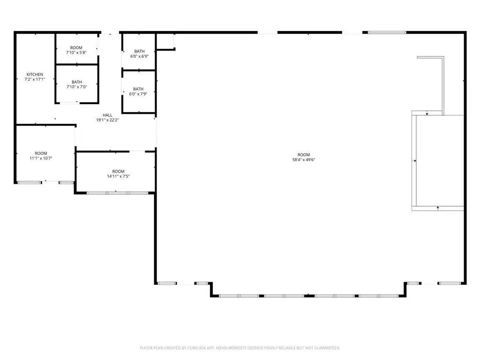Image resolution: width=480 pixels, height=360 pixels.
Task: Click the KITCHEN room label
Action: coord(35,75)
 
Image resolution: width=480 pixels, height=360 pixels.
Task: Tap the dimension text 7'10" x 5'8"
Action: coord(76,52)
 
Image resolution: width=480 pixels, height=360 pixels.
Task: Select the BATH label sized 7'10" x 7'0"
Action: coord(77,82)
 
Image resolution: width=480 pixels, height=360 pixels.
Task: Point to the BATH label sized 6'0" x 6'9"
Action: coord(139,52)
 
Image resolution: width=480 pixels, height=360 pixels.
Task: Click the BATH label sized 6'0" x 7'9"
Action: coord(138,89)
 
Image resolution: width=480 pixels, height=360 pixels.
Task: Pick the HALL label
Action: coord(107,115)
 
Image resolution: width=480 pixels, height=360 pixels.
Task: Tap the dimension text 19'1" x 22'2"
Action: coord(107,120)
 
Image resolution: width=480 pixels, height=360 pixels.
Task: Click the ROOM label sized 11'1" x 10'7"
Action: coord(41,153)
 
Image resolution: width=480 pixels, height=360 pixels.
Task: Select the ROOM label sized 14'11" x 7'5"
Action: coord(118,172)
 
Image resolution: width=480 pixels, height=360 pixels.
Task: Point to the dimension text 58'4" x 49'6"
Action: coord(304,159)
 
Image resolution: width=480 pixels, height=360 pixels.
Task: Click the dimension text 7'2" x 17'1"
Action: coord(35,79)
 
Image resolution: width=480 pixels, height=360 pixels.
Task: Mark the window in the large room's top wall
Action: coord(387,32)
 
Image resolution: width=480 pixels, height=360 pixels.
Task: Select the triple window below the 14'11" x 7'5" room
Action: coord(118,193)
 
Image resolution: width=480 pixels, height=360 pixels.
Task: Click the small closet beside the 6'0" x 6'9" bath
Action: coord(165,41)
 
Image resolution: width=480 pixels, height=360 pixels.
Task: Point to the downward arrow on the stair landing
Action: coord(427,113)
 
